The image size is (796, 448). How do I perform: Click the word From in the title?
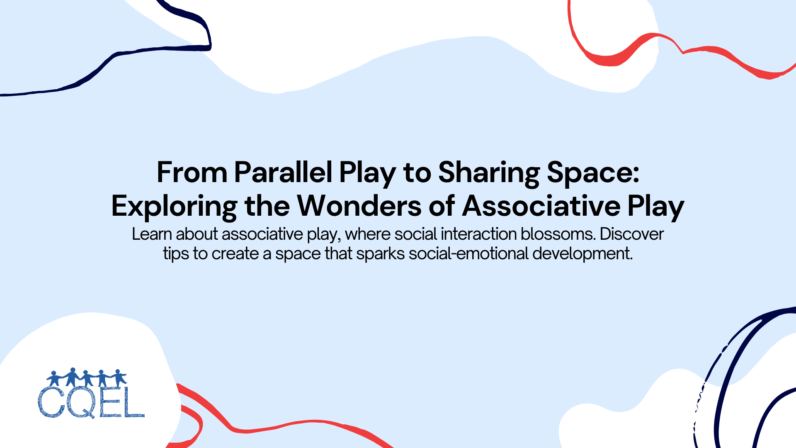[x=192, y=173]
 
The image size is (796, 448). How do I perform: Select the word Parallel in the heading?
[x=283, y=173]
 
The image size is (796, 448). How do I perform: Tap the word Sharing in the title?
[x=489, y=173]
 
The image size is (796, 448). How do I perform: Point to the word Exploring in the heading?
[x=174, y=206]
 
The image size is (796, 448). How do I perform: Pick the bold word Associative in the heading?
[x=541, y=206]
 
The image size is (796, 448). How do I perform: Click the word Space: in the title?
[x=593, y=173]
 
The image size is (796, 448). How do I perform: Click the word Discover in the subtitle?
[x=632, y=234]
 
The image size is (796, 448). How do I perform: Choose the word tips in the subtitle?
[x=176, y=253]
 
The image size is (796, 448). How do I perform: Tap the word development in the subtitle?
[x=582, y=253]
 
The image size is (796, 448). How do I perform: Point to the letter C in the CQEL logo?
[x=51, y=403]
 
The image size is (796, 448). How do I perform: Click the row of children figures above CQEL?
[x=86, y=377]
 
